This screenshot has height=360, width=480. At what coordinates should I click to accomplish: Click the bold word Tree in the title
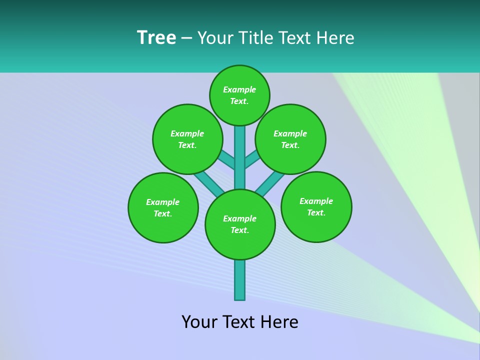coord(156,37)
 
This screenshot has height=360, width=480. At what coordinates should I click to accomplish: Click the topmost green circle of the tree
coord(239,95)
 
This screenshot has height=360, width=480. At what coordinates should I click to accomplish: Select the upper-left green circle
coord(187,139)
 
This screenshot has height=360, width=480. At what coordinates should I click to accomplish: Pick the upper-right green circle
coord(290,139)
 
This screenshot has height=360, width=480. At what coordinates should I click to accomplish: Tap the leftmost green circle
coord(163,207)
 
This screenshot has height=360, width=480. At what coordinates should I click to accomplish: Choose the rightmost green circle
coord(316,206)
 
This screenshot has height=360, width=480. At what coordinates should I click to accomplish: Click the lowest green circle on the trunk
coord(240,224)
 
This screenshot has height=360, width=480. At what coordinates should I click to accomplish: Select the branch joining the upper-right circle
coord(252,159)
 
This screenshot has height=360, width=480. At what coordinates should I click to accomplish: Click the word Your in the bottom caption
coord(199,322)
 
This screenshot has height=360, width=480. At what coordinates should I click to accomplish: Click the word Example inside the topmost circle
coord(239,89)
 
